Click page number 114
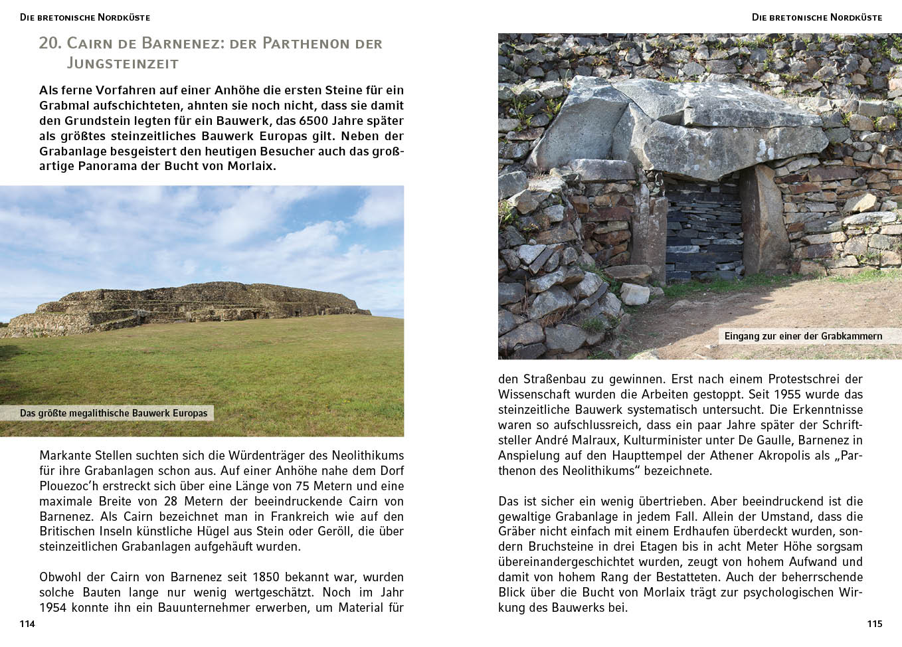click(27, 624)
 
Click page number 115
click(874, 624)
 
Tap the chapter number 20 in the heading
click(50, 43)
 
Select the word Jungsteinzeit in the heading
click(123, 64)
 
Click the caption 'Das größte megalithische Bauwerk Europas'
click(114, 413)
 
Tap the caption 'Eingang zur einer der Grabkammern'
click(803, 336)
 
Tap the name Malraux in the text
click(596, 440)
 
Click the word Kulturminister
click(666, 440)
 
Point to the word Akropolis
click(782, 455)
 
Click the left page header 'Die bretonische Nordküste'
click(85, 17)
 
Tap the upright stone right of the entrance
click(763, 219)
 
